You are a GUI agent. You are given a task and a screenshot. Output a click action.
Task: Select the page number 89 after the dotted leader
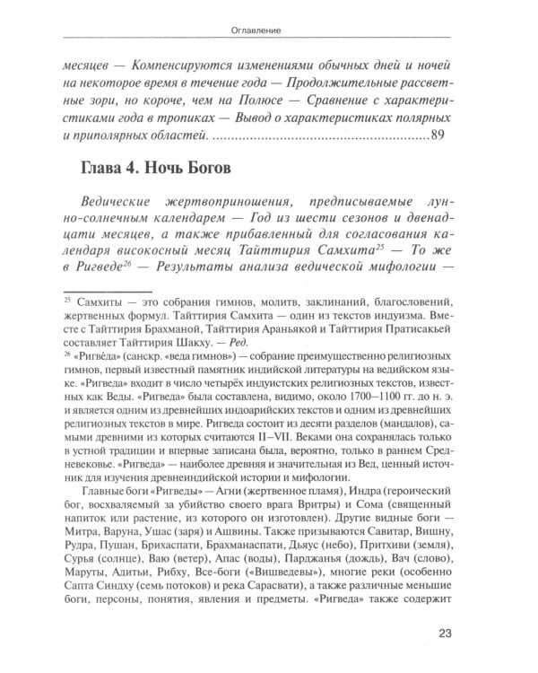click(438, 136)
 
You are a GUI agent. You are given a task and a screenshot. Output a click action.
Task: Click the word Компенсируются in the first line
click(180, 66)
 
